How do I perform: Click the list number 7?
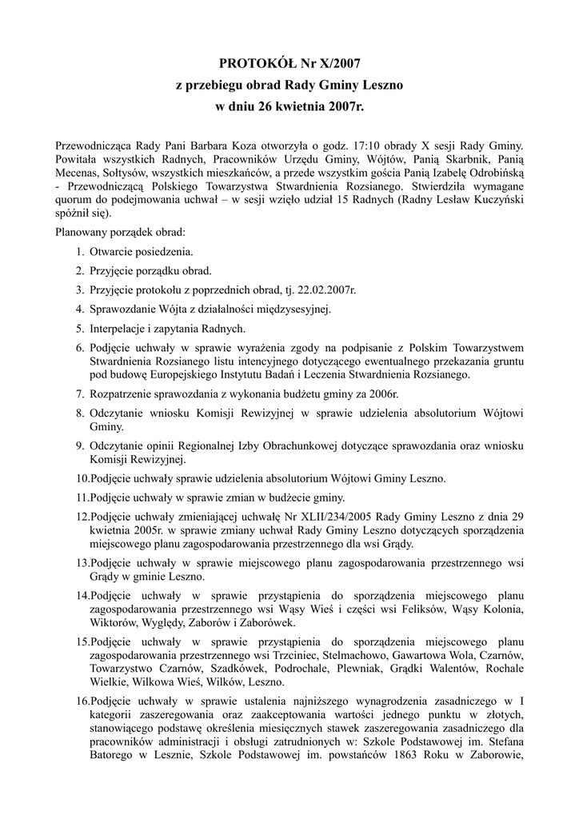pos(81,394)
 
